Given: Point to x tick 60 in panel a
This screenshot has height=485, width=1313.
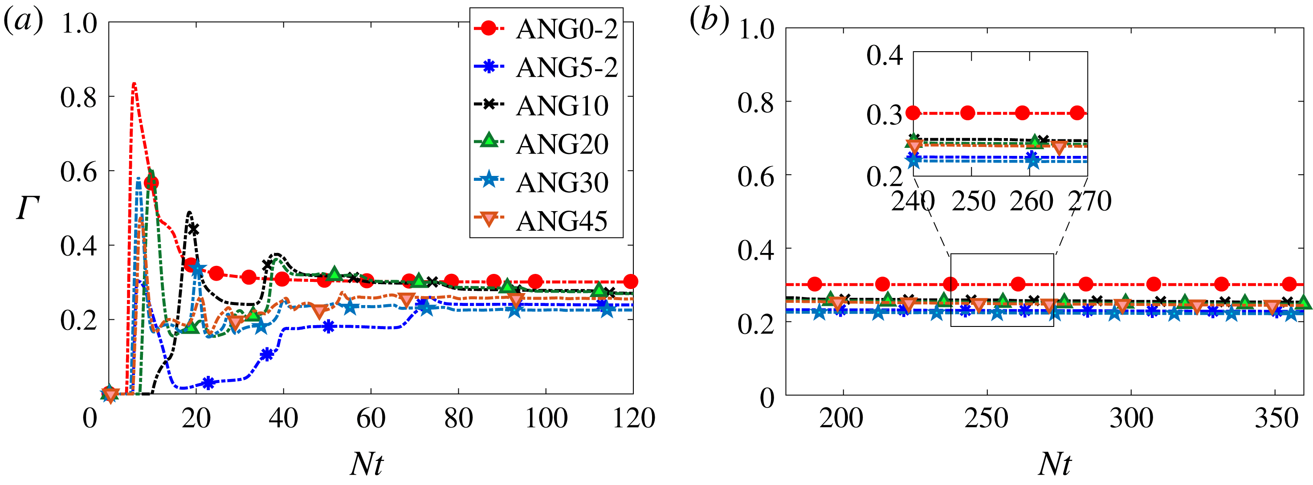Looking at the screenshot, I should [x=371, y=419].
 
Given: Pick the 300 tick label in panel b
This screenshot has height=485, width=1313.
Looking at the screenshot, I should [x=1131, y=419].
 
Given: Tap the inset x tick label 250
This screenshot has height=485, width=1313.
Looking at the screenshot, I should [x=973, y=201].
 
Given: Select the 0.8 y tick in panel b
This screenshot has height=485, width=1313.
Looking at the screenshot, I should [x=755, y=103].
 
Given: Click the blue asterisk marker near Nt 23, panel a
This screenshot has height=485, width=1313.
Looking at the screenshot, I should [x=208, y=383].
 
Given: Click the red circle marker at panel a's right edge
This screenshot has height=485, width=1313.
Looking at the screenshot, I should [x=631, y=281].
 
